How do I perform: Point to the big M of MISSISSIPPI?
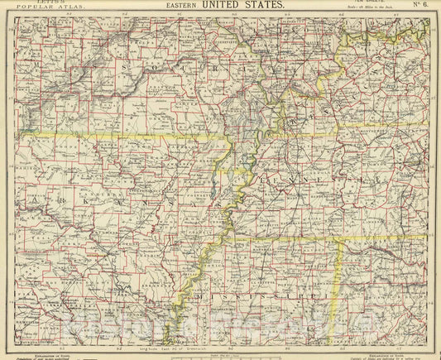201,295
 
